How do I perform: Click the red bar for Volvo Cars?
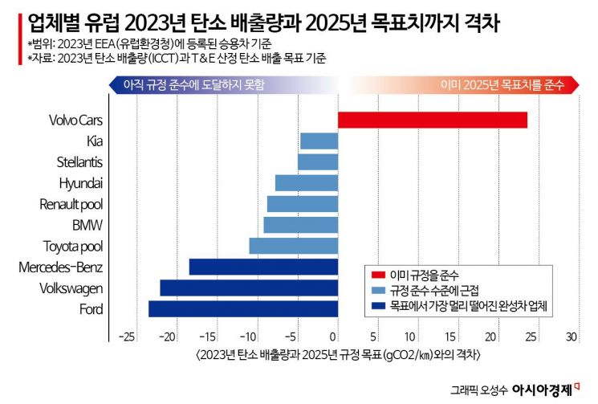pos(432,120)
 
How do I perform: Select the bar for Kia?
pos(319,141)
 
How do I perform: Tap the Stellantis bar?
pos(317,162)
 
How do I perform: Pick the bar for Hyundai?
pos(306,183)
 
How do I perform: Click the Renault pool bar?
pos(302,204)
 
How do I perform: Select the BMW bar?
pos(300,225)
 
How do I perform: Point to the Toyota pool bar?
pos(293,246)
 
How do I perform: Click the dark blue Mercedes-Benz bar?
pos(263,267)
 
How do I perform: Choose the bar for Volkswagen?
pos(249,288)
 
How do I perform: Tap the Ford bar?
pos(242,308)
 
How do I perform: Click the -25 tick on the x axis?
pos(125,336)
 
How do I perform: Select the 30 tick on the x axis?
pos(572,336)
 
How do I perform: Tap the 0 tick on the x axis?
pos(335,336)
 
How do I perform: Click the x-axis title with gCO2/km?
pos(338,353)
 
